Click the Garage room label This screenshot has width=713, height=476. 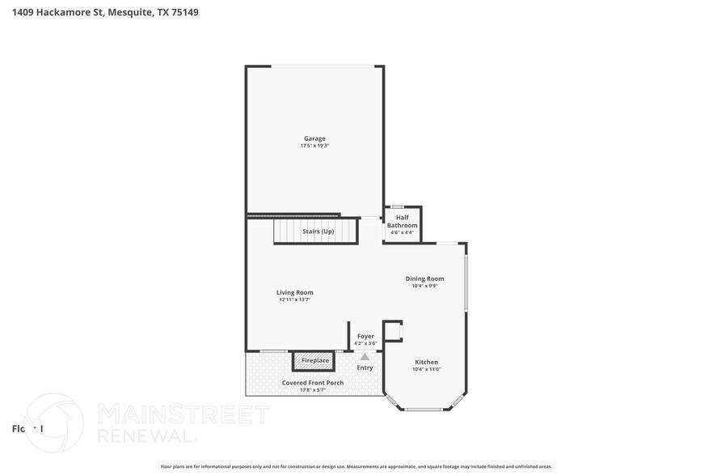pyautogui.click(x=314, y=138)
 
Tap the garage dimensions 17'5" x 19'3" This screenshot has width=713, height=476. pyautogui.click(x=314, y=146)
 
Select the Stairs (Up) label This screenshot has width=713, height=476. pyautogui.click(x=318, y=232)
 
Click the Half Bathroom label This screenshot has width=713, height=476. pyautogui.click(x=402, y=221)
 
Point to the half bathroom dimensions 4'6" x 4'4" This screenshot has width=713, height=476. pyautogui.click(x=402, y=233)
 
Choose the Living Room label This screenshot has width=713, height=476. pyautogui.click(x=294, y=292)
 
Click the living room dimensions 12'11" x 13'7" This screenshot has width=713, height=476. pyautogui.click(x=294, y=300)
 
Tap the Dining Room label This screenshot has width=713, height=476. pyautogui.click(x=424, y=278)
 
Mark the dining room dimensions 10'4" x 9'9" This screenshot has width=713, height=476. pyautogui.click(x=424, y=286)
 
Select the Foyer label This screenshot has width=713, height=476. pyautogui.click(x=365, y=335)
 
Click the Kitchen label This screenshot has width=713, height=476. pyautogui.click(x=426, y=362)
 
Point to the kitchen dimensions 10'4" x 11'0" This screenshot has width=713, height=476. pyautogui.click(x=426, y=369)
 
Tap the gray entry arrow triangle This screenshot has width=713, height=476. pyautogui.click(x=365, y=356)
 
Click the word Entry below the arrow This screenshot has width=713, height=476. pyautogui.click(x=365, y=368)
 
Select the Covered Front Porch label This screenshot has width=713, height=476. pyautogui.click(x=312, y=383)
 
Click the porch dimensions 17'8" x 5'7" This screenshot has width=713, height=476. pyautogui.click(x=312, y=390)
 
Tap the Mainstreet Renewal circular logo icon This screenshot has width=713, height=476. pyautogui.click(x=54, y=423)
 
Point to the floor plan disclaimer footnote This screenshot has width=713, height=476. pyautogui.click(x=356, y=467)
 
